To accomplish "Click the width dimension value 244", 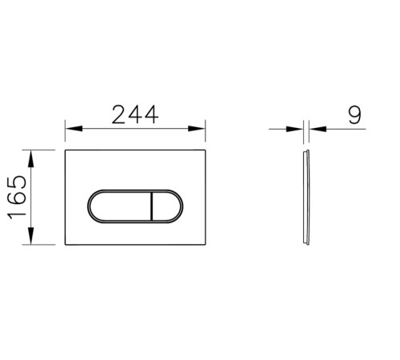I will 134,114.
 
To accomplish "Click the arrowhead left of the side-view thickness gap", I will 298,128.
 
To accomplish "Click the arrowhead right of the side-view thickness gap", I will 314,128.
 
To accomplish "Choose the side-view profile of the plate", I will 307,198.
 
